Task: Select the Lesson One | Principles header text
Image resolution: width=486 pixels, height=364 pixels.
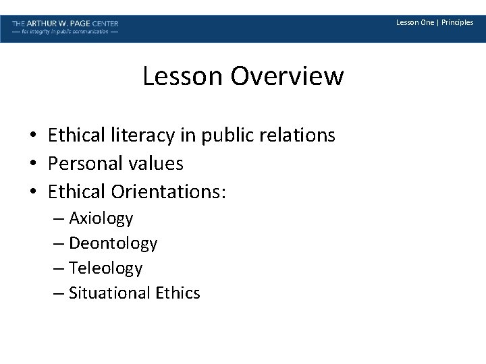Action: pyautogui.click(x=435, y=23)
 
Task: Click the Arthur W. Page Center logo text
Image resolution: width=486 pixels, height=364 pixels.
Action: pyautogui.click(x=65, y=23)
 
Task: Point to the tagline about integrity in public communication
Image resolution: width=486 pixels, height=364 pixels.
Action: pyautogui.click(x=65, y=32)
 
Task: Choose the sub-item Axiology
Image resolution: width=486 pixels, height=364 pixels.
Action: pyautogui.click(x=101, y=218)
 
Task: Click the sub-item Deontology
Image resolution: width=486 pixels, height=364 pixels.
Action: pyautogui.click(x=113, y=243)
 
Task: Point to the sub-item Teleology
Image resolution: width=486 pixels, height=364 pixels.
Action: pyautogui.click(x=106, y=268)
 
